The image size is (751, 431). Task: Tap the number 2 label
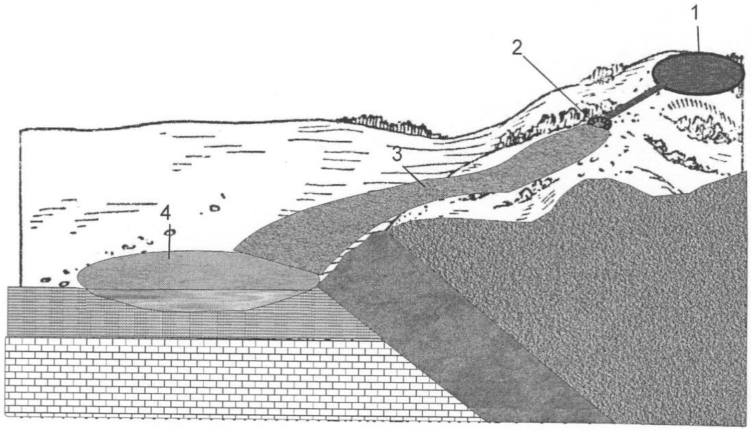517,48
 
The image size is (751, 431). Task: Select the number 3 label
397,155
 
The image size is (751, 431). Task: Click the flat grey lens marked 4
196,280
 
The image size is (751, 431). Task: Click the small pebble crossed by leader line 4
170,232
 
